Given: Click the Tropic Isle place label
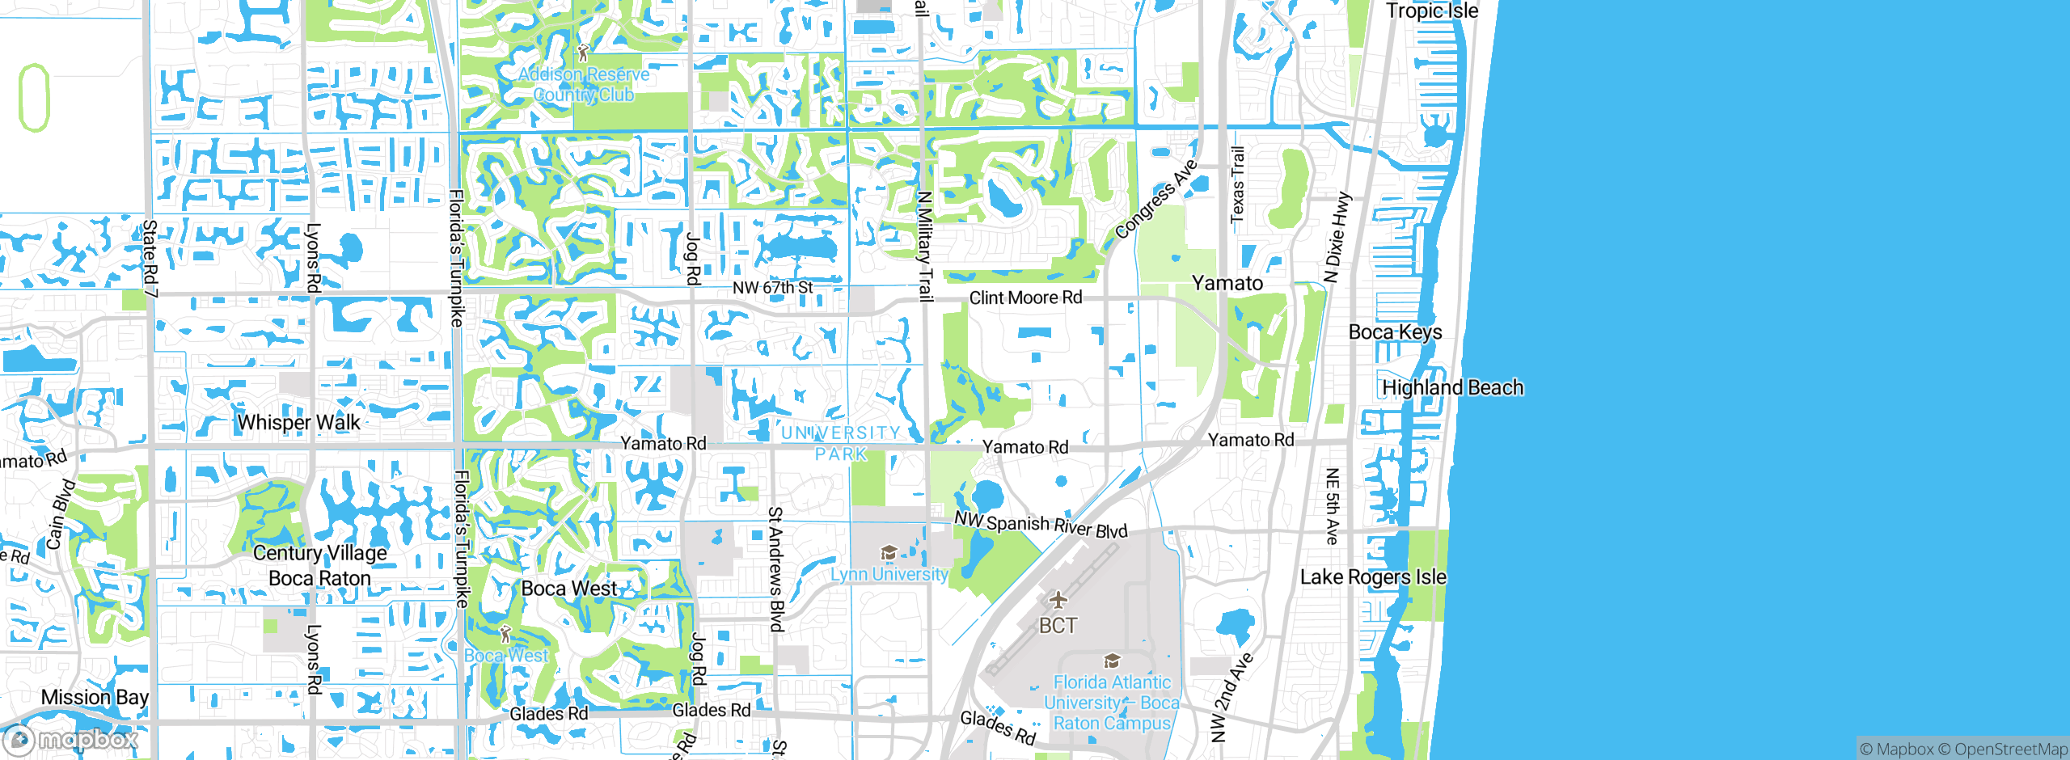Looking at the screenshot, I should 1432,11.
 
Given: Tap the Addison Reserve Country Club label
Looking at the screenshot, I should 583,84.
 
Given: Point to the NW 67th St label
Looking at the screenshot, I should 772,287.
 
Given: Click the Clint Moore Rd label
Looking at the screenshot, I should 1025,298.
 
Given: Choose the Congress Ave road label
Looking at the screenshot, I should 1155,199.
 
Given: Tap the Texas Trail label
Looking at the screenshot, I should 1237,184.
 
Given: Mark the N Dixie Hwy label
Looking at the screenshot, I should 1337,238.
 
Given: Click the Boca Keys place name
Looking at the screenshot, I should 1395,331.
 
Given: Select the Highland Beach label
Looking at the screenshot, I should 1452,387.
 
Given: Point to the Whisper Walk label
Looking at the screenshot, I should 298,422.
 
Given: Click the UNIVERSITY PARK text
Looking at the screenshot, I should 841,443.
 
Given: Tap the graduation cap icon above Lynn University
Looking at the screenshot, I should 889,553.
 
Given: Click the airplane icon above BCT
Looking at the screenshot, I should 1058,599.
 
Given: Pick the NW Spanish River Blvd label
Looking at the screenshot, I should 1041,525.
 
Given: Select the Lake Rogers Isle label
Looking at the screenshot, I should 1373,576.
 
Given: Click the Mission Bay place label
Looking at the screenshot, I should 95,697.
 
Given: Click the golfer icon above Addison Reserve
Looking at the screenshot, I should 583,53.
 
